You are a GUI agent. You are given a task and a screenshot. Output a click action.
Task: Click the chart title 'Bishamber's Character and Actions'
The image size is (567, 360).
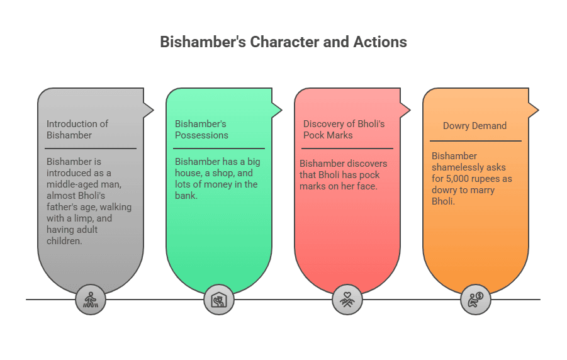point(283,42)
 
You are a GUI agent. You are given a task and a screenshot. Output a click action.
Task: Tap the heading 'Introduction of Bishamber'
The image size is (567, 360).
point(77,129)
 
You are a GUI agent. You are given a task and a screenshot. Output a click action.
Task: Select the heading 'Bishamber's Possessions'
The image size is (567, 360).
point(201,129)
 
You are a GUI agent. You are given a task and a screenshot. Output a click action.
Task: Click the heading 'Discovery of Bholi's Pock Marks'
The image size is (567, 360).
point(344,129)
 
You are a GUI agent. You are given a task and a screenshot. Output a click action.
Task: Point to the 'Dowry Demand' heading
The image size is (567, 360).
point(474,126)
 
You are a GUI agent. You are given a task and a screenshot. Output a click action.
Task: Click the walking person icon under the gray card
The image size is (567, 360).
point(91,300)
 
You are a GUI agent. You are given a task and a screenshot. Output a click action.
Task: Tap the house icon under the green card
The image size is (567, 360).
point(219,300)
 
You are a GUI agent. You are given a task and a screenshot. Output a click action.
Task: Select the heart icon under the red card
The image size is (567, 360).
point(347,300)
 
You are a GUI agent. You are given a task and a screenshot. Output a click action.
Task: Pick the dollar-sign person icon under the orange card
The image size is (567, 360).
point(476,300)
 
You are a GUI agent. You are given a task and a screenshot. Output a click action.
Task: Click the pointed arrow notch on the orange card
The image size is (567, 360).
point(534,111)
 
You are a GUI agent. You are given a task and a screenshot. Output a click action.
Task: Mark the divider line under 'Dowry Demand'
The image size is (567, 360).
point(476,141)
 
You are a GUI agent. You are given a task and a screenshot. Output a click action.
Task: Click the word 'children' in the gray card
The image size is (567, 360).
point(65,241)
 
